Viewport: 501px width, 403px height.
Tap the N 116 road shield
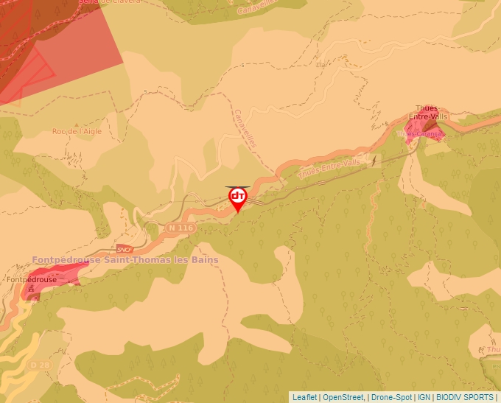click(x=181, y=228)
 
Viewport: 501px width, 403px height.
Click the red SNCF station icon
click(x=125, y=249)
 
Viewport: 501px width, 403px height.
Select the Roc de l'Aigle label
click(x=77, y=131)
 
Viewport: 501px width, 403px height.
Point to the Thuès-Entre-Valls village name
click(x=431, y=112)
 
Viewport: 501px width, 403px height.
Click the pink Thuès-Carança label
click(x=419, y=134)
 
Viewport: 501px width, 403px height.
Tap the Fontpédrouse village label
click(x=32, y=280)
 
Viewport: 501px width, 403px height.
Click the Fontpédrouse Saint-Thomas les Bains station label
click(x=125, y=260)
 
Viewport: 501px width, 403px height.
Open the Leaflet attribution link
click(x=304, y=397)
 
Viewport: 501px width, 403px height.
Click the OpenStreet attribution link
click(x=343, y=397)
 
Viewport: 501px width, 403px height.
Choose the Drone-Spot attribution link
click(x=390, y=397)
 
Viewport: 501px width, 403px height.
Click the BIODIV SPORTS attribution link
click(x=465, y=397)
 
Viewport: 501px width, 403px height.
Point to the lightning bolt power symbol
click(x=375, y=160)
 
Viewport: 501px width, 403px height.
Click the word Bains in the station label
click(x=204, y=260)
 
